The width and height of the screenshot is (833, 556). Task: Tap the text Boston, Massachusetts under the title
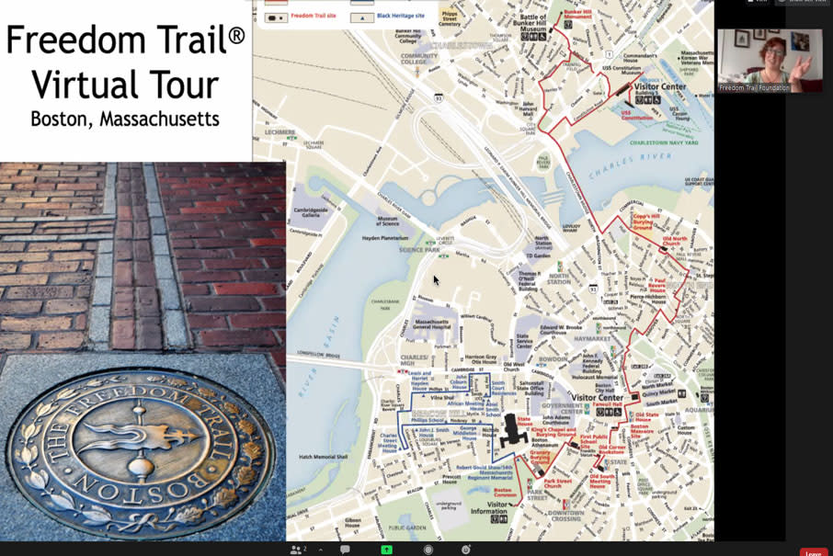tap(124, 119)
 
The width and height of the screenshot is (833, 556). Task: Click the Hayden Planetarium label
tap(384, 237)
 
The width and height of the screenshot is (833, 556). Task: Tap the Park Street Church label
tap(558, 482)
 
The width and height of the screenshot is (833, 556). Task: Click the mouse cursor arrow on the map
tap(436, 279)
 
